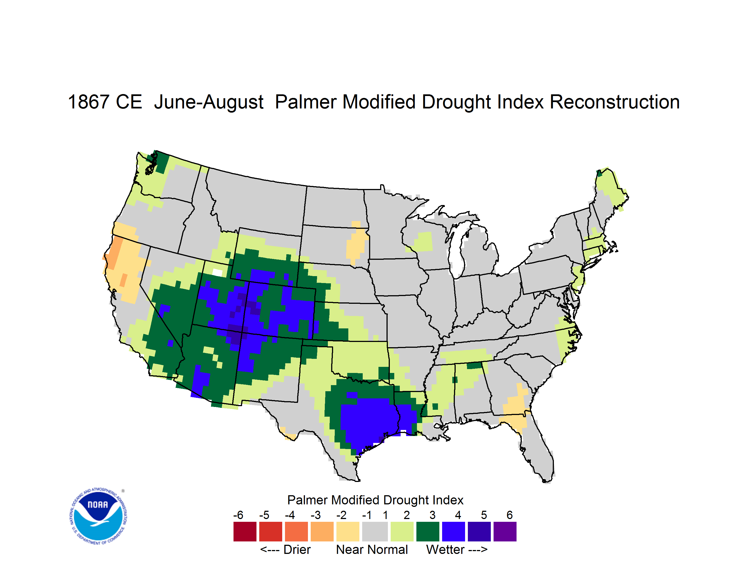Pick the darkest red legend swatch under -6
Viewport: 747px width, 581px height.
(245, 531)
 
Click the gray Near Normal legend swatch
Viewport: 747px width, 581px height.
(375, 531)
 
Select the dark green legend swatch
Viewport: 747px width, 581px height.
(427, 531)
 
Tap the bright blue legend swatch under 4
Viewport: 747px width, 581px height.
(453, 531)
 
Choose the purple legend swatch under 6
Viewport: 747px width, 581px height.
(505, 531)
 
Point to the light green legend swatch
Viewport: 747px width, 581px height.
(402, 531)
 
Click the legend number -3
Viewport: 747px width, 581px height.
(315, 515)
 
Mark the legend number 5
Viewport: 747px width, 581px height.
(484, 515)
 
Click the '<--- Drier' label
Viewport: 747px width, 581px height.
(285, 549)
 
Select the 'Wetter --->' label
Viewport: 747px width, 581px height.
(456, 549)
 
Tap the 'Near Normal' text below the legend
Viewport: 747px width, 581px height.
(372, 549)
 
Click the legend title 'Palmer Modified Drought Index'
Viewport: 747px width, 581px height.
(375, 500)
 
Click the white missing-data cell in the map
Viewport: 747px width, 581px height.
(217, 272)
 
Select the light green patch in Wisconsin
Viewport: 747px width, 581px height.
(423, 242)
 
